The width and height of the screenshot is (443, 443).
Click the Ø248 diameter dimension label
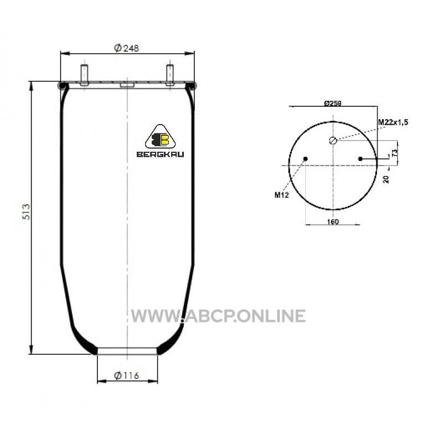(127, 48)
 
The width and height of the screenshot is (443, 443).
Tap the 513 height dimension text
(26, 212)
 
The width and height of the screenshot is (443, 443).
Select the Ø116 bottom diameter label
(127, 375)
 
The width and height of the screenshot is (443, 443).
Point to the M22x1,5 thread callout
(393, 122)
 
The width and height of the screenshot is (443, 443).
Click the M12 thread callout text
(282, 195)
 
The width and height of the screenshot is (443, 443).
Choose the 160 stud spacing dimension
(333, 222)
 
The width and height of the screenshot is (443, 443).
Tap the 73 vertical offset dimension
(395, 153)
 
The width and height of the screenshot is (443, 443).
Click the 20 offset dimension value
(386, 179)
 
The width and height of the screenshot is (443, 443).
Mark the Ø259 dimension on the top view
(333, 103)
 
